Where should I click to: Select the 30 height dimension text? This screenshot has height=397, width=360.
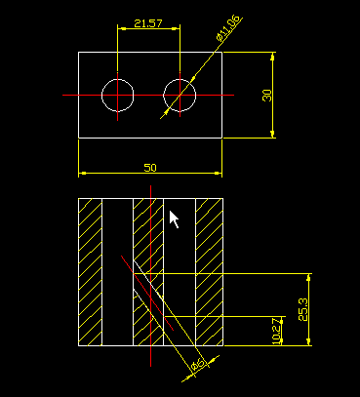coord(266,95)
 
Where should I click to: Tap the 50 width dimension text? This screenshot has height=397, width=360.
coord(150,168)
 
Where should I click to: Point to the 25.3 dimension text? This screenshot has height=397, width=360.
coord(303,309)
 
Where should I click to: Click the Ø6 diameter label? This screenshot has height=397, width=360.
coord(196,364)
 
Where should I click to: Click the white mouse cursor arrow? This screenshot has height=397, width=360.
coord(174,219)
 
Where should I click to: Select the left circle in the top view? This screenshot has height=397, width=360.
coord(118,95)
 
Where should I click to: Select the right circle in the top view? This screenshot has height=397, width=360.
coord(180,95)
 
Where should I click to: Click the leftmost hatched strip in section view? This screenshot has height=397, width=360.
coord(90,273)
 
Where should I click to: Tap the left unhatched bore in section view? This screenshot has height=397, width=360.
coord(117,273)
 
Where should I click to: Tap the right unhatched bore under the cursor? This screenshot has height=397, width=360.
coord(180,254)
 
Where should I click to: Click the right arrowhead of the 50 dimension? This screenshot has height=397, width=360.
coord(219,174)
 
